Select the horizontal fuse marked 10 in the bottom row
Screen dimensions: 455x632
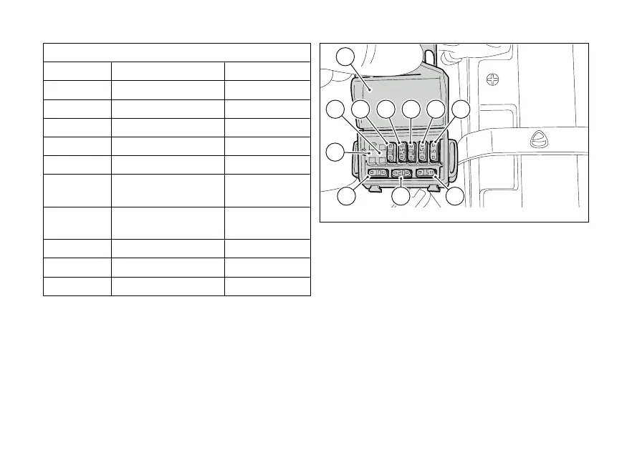[378, 173]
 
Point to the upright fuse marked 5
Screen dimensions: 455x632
[434, 152]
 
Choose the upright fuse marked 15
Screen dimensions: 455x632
[423, 152]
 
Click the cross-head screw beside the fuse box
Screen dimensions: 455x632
[492, 78]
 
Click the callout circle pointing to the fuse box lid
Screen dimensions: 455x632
[346, 57]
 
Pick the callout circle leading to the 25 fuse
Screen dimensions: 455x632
[387, 109]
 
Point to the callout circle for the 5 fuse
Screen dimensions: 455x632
[461, 109]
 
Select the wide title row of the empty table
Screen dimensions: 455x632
[177, 52]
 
